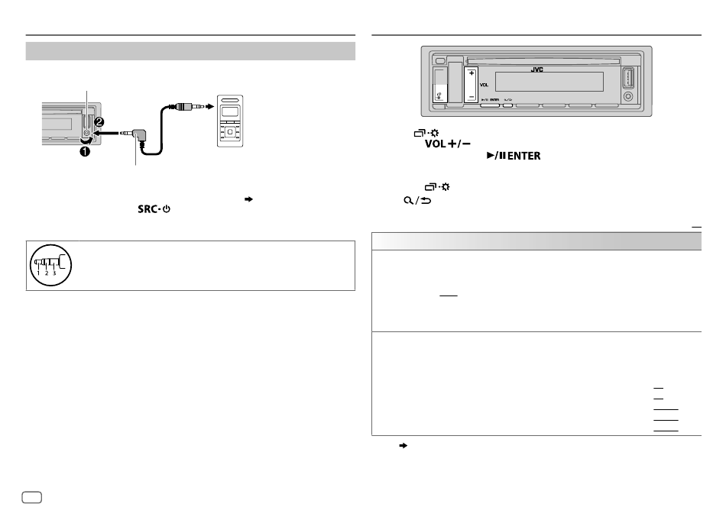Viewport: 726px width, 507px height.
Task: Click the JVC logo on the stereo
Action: pyautogui.click(x=536, y=69)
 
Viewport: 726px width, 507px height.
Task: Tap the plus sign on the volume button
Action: pyautogui.click(x=472, y=73)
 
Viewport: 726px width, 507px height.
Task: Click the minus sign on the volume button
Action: pyautogui.click(x=472, y=97)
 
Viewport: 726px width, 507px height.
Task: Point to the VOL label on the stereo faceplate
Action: pyautogui.click(x=484, y=85)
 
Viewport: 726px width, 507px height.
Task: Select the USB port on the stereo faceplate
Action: pyautogui.click(x=628, y=78)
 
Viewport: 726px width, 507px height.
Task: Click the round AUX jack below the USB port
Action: pyautogui.click(x=628, y=97)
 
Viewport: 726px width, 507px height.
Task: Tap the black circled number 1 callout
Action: pyautogui.click(x=85, y=151)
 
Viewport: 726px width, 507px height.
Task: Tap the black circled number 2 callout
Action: pyautogui.click(x=99, y=122)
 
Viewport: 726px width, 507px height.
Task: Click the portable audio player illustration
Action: pyautogui.click(x=230, y=121)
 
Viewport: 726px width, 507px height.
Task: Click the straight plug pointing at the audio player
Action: pyautogui.click(x=186, y=107)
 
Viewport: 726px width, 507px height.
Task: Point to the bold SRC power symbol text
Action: pyautogui.click(x=154, y=209)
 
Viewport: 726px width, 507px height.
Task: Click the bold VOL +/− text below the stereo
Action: pyautogui.click(x=448, y=144)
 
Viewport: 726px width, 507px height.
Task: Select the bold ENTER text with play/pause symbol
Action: pyautogui.click(x=514, y=156)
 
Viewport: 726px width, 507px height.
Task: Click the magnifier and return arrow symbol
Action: pyautogui.click(x=417, y=200)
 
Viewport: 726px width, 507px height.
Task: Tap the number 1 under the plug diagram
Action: pyautogui.click(x=38, y=273)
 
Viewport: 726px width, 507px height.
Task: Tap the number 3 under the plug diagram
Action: pyautogui.click(x=54, y=273)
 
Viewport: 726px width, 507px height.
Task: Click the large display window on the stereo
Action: pyautogui.click(x=549, y=82)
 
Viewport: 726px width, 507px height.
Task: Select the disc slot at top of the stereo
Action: pyautogui.click(x=543, y=61)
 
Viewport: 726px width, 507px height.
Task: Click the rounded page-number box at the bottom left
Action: pyautogui.click(x=32, y=497)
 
